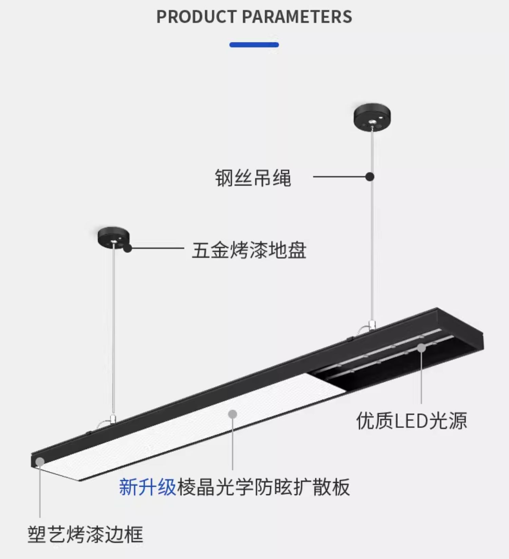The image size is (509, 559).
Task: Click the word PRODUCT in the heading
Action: [196, 17]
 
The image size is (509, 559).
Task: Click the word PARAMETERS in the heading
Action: [297, 17]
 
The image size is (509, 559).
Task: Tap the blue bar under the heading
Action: [254, 45]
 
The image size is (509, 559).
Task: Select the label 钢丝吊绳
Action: [253, 177]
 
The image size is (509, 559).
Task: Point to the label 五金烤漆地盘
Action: [249, 250]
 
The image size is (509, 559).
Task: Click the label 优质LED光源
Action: [411, 421]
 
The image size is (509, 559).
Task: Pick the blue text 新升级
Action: [147, 487]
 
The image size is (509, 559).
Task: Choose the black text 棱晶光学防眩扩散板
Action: [263, 487]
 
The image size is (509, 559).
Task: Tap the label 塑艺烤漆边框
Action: [85, 535]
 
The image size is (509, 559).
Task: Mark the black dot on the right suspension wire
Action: [370, 177]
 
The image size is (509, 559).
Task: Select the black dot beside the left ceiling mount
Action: [128, 248]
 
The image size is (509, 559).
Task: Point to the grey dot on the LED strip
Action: [421, 348]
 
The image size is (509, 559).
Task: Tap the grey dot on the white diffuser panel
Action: [232, 414]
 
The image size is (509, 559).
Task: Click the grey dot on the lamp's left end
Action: [40, 462]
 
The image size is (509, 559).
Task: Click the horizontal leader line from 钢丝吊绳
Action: [339, 177]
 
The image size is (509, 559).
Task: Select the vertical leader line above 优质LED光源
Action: [421, 377]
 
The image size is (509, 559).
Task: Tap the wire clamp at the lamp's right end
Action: [372, 325]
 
